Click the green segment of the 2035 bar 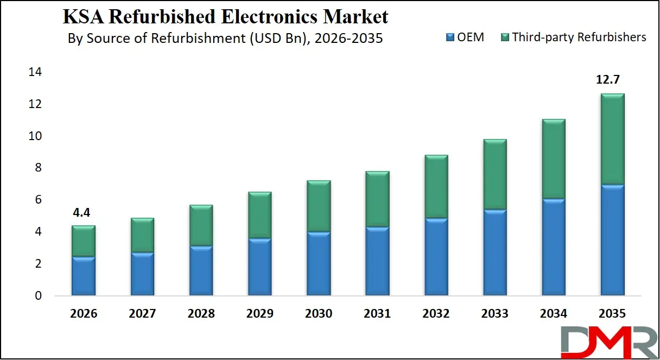pyautogui.click(x=613, y=140)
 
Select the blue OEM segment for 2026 pyautogui.click(x=84, y=276)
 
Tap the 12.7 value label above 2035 pyautogui.click(x=608, y=80)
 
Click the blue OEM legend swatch pyautogui.click(x=449, y=37)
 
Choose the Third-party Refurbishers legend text pyautogui.click(x=579, y=37)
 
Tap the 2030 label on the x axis pyautogui.click(x=319, y=314)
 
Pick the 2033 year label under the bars pyautogui.click(x=494, y=314)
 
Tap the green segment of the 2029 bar pyautogui.click(x=259, y=215)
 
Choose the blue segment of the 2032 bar pyautogui.click(x=436, y=257)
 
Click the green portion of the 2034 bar pyautogui.click(x=554, y=159)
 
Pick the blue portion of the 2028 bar pyautogui.click(x=201, y=270)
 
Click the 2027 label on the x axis pyautogui.click(x=142, y=314)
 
